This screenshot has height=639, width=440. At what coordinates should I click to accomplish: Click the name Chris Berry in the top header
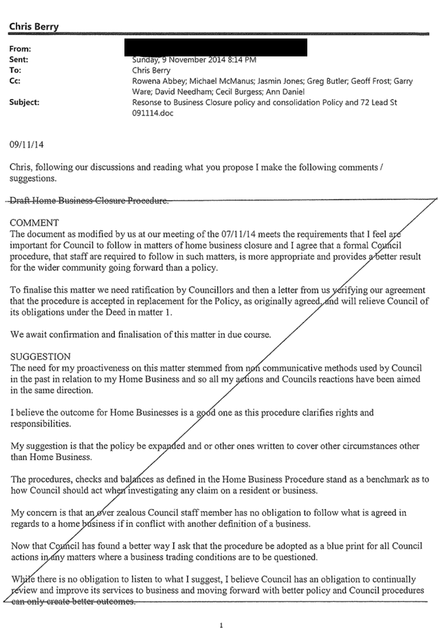34,27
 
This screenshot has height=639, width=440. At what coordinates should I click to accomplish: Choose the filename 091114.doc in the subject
154,113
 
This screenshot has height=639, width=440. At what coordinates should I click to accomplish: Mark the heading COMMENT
34,223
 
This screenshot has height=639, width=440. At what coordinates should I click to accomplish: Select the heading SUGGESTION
41,357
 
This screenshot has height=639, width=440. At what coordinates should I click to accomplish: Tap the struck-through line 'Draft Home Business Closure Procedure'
89,201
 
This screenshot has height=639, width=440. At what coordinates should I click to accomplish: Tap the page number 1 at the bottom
221,625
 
